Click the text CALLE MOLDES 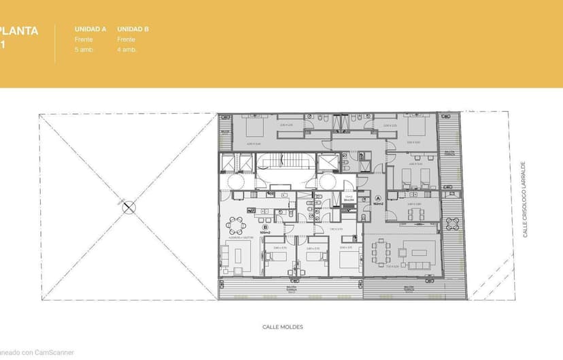point(283,327)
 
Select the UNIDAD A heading point(90,29)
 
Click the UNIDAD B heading point(133,29)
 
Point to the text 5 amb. point(84,50)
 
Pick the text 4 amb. point(126,50)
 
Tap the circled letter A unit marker point(379,199)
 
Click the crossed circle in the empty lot point(128,208)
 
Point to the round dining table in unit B point(236,225)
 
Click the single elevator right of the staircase point(328,163)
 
